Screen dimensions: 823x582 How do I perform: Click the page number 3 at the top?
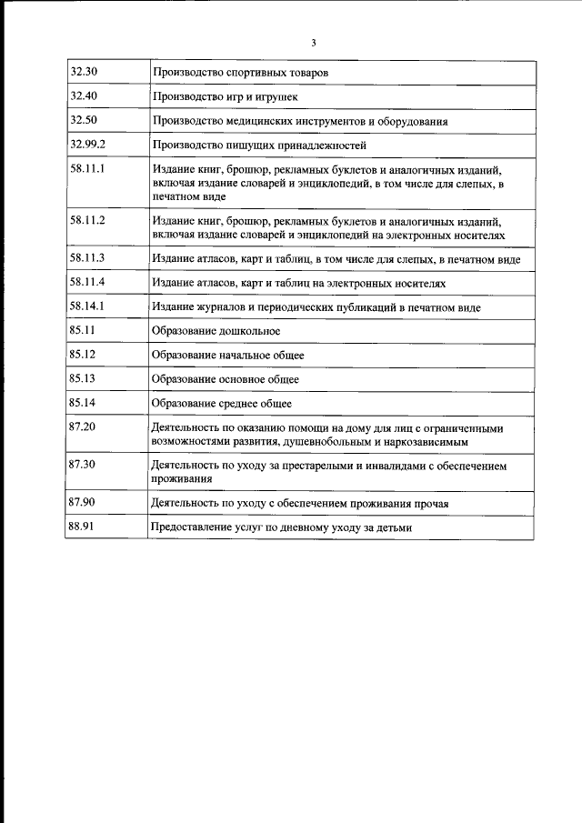coord(313,42)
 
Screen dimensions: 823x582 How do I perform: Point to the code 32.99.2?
coord(87,144)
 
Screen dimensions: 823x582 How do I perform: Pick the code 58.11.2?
coord(87,220)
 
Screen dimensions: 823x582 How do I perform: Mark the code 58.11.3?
coord(87,258)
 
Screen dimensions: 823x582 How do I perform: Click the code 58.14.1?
coord(87,306)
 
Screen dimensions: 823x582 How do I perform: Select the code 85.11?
coord(82,331)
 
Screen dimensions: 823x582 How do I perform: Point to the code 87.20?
coord(82,427)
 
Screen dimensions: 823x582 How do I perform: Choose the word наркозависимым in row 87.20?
coord(425,442)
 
